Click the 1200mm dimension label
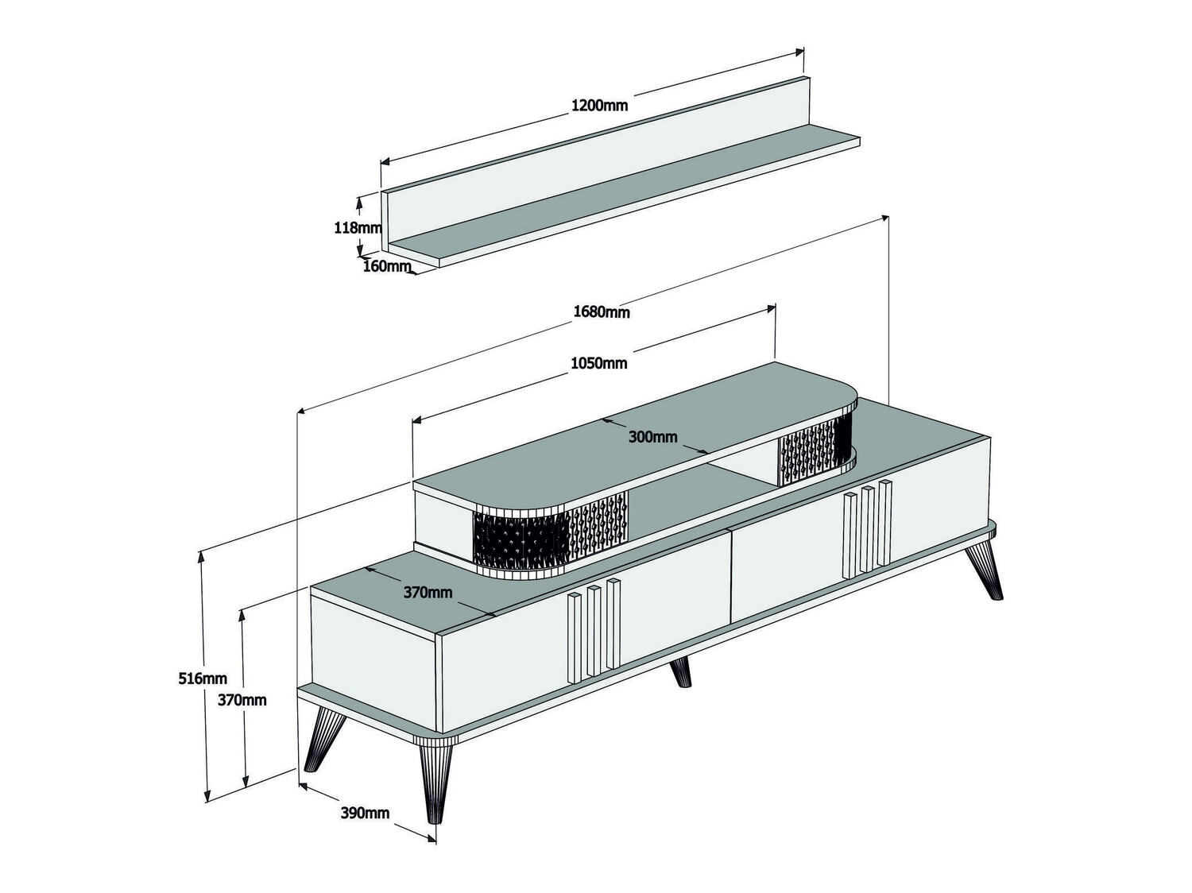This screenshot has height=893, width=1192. click(599, 106)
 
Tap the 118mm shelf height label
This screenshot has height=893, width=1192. click(358, 228)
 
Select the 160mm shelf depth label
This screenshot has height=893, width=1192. click(387, 266)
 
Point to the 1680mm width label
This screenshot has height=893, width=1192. click(602, 312)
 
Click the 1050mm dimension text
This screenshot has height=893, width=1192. click(599, 362)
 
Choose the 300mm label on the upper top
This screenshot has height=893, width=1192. click(652, 436)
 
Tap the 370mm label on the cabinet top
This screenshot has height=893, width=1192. click(428, 592)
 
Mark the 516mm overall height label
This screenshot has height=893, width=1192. click(203, 678)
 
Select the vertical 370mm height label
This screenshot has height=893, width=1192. click(242, 700)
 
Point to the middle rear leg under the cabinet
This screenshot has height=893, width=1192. click(681, 672)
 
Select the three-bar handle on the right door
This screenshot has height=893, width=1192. click(867, 528)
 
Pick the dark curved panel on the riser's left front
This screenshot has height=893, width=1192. click(521, 540)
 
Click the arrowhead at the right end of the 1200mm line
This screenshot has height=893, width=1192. click(799, 52)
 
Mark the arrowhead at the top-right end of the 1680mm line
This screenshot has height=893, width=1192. click(884, 218)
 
